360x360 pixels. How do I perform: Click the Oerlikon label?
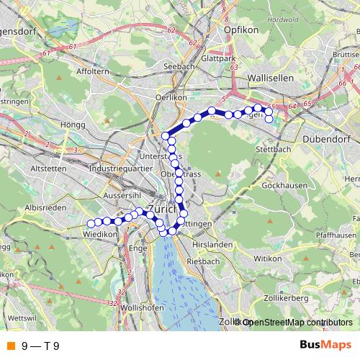click(172, 96)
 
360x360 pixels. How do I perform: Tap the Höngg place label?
click(73, 125)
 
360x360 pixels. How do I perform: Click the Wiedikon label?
click(99, 235)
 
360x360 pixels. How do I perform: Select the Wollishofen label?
click(138, 307)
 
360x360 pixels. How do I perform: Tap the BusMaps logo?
click(323, 346)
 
